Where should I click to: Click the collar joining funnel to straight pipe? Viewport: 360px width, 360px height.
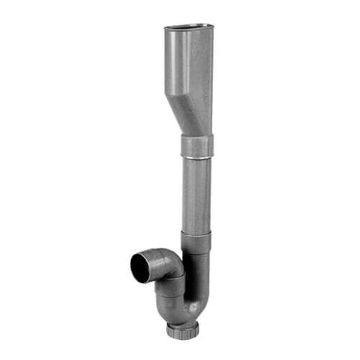point(195,146)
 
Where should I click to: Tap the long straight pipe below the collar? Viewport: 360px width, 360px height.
point(196,194)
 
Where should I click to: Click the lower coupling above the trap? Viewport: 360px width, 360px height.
point(196,242)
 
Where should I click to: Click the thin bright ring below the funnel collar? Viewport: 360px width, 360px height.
point(196,157)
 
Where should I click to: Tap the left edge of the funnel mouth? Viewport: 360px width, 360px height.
point(166,29)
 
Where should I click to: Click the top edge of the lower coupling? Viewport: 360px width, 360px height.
point(196,233)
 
